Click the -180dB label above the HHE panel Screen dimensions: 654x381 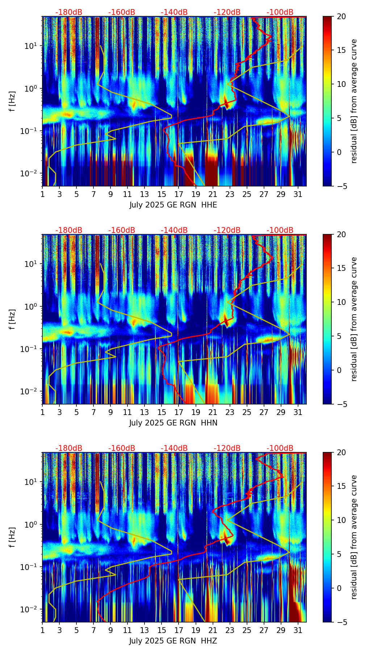[x=69, y=12]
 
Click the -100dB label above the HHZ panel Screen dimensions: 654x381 [x=280, y=448]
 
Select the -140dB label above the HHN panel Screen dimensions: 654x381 [x=174, y=230]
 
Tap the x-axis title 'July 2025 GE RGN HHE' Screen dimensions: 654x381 [x=173, y=205]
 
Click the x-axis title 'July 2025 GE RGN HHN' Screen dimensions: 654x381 [x=173, y=423]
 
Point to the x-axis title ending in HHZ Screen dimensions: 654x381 [x=173, y=641]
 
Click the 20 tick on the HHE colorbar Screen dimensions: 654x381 [x=341, y=17]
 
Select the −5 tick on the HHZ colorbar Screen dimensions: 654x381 [x=341, y=622]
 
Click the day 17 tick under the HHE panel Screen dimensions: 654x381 [x=179, y=194]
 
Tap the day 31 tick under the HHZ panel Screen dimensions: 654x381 [x=298, y=630]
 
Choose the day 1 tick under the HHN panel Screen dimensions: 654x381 [x=42, y=412]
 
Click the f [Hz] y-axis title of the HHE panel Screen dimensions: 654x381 [x=13, y=101]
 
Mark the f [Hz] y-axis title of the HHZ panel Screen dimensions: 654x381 [x=13, y=537]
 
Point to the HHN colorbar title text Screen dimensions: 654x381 [x=354, y=319]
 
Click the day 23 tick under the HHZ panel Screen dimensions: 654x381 [x=230, y=630]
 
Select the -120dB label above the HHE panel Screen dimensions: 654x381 [x=227, y=12]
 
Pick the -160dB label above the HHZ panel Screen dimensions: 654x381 [x=122, y=448]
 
